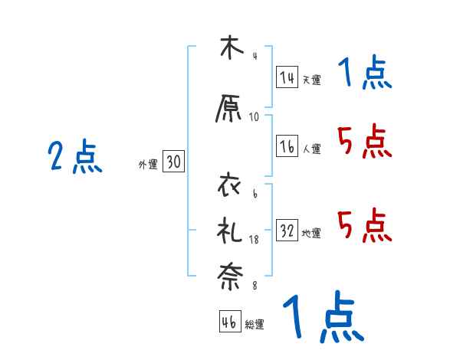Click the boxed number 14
pyautogui.click(x=287, y=77)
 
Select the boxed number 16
pyautogui.click(x=287, y=147)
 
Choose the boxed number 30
pyautogui.click(x=173, y=162)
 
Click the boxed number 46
pyautogui.click(x=229, y=322)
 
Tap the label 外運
pyautogui.click(x=148, y=164)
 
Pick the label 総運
pyautogui.click(x=255, y=325)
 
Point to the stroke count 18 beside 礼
pyautogui.click(x=255, y=241)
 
